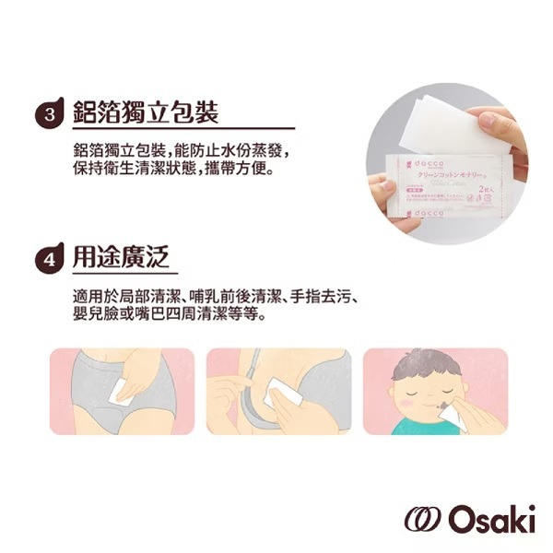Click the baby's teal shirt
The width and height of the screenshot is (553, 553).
pos(406,428)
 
